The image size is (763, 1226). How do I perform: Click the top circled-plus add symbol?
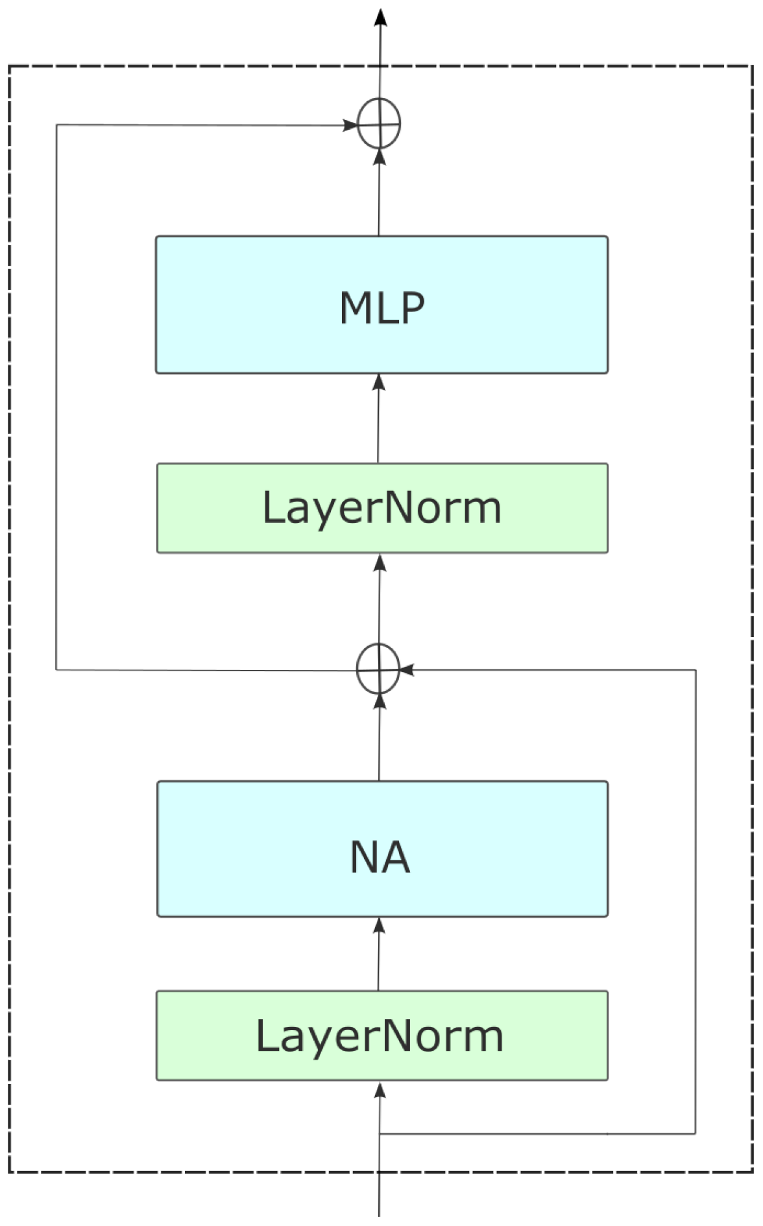(x=380, y=123)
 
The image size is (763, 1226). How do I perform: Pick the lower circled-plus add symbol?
(x=379, y=669)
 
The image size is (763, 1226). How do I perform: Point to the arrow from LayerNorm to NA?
(x=379, y=954)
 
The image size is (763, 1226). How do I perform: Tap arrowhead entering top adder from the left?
(x=350, y=125)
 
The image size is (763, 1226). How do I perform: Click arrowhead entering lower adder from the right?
(x=407, y=669)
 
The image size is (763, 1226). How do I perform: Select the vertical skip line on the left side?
(x=56, y=396)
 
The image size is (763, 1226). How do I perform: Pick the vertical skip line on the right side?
(x=696, y=902)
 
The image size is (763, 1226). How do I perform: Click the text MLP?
(x=382, y=307)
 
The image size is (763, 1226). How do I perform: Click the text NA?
(x=380, y=857)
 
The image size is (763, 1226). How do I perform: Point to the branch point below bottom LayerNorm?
(x=380, y=1134)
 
